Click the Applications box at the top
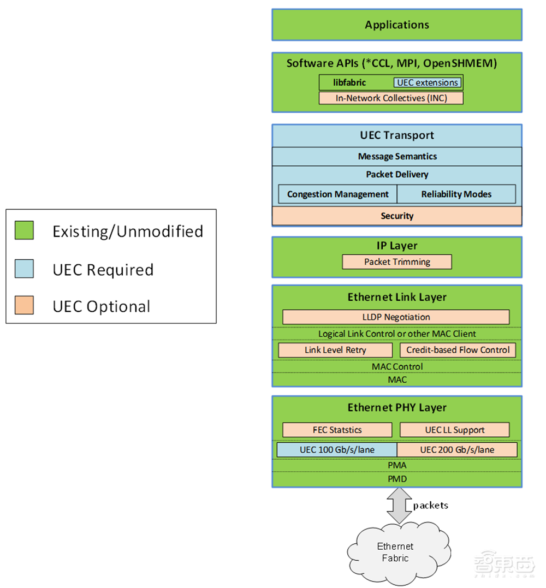(x=397, y=25)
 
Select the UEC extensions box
(x=427, y=83)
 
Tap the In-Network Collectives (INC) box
(x=391, y=98)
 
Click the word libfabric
(x=350, y=83)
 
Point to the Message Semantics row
(x=397, y=157)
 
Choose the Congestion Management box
(x=337, y=194)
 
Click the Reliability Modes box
(x=456, y=194)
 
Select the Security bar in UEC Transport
(x=397, y=216)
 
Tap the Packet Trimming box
(x=397, y=262)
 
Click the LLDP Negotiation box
(x=396, y=317)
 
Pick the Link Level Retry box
(x=335, y=351)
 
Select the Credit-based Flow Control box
(x=458, y=351)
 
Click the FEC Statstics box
(x=337, y=430)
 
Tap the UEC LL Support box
(x=454, y=430)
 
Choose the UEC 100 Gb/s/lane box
(x=337, y=450)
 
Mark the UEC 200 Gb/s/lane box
(x=457, y=450)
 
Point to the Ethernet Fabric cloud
(x=395, y=552)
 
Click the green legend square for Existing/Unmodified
(x=25, y=230)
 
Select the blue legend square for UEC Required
(x=25, y=268)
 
